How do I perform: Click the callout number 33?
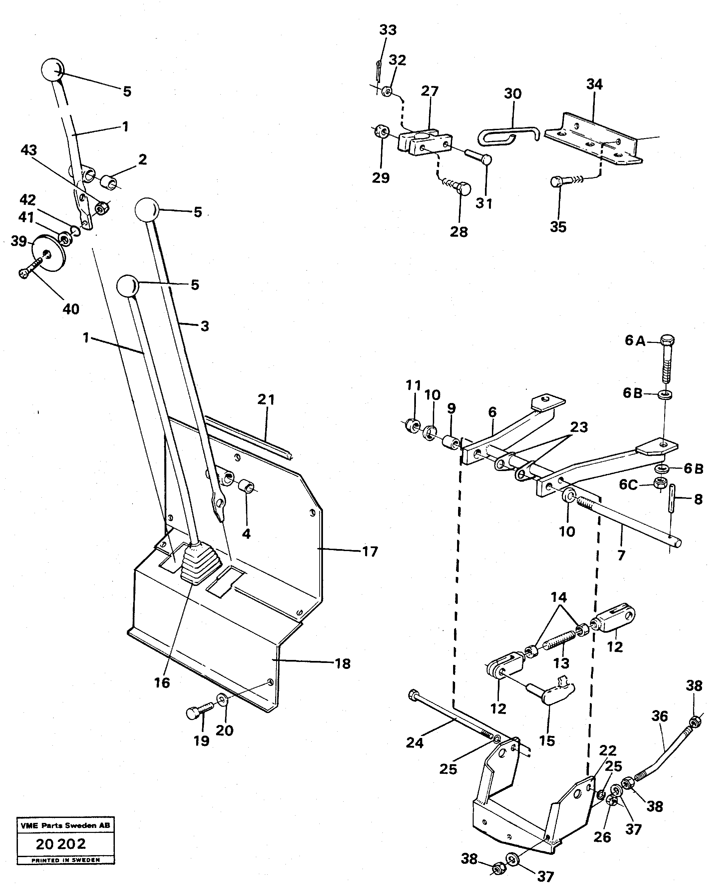coord(388,30)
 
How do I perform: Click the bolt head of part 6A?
coord(667,341)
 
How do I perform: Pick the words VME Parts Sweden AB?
coord(65,825)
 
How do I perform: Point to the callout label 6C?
coord(628,485)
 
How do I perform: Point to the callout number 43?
coord(29,150)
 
